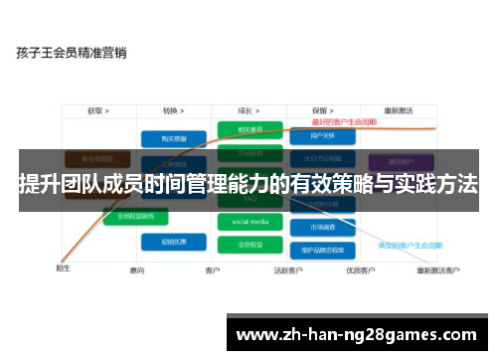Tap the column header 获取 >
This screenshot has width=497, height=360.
pos(97,111)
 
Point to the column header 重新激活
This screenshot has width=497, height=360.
pos(398,111)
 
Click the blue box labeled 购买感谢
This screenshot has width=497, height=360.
pos(165,139)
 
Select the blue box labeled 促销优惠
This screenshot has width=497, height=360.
pos(165,241)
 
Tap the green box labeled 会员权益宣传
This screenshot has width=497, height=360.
pos(135,215)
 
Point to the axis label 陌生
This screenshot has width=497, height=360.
pos(63,269)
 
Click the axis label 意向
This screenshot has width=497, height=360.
pos(137,270)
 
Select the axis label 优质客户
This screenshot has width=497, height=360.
pos(360,270)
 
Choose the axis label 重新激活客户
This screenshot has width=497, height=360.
pos(437,270)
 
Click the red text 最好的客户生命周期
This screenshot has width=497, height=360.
pos(343,122)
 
